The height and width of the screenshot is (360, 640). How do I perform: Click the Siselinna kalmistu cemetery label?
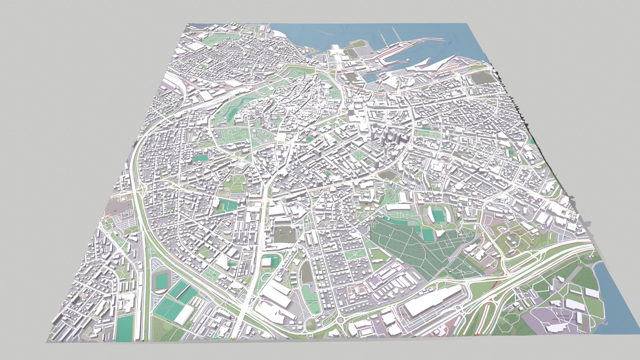(421, 250)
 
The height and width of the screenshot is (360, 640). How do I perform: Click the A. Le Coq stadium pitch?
(161, 280)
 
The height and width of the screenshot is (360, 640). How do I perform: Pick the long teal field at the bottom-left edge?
(125, 328)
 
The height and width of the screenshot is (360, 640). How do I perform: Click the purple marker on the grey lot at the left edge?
(115, 211)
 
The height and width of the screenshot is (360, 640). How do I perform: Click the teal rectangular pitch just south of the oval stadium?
(428, 235)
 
